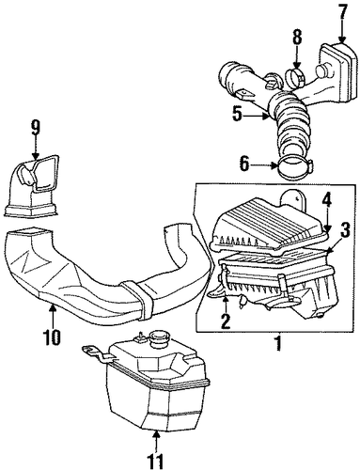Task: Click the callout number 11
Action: [x=155, y=461]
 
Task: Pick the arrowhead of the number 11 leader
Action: [x=155, y=431]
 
